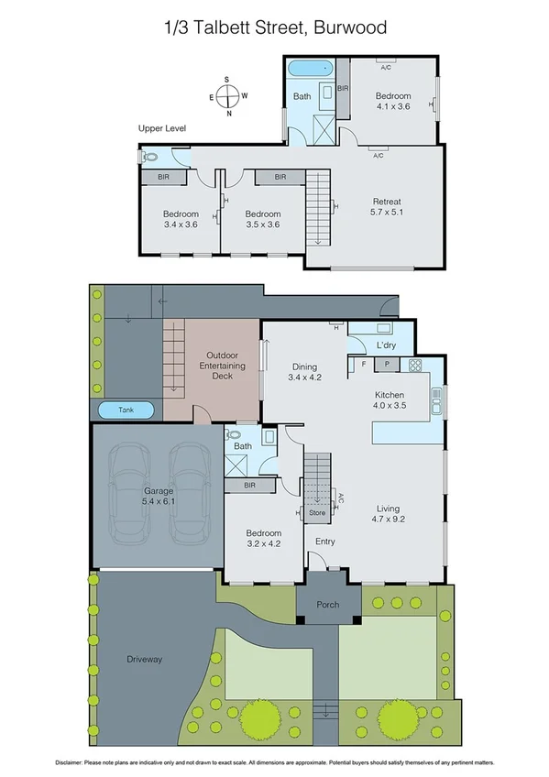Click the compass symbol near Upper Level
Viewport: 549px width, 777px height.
pos(229,95)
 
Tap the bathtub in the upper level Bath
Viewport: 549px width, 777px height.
pos(310,70)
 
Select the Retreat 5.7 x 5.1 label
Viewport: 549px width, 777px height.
pos(386,207)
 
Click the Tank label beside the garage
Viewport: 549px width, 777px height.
pos(126,410)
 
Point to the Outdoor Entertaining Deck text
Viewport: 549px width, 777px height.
pos(225,366)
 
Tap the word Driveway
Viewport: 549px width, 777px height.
pos(144,659)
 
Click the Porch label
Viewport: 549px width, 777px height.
pos(328,604)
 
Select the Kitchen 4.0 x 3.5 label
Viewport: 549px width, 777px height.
pos(389,399)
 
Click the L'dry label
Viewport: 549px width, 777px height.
pos(387,345)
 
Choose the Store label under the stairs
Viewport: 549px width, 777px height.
pos(317,513)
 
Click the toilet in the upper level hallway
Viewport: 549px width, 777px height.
pos(151,158)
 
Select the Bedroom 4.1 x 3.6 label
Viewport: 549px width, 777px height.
pos(392,101)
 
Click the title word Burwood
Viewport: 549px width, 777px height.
pos(350,28)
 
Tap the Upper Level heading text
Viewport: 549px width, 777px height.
pos(162,129)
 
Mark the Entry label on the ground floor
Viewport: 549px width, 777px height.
pos(324,542)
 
